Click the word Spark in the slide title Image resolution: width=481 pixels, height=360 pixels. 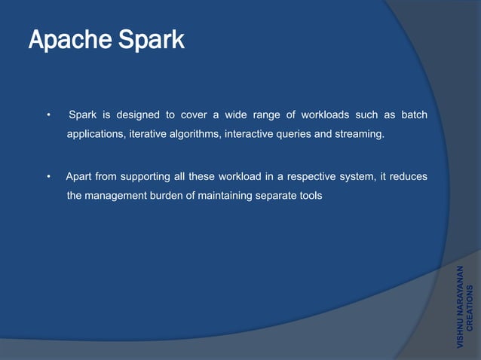pyautogui.click(x=149, y=40)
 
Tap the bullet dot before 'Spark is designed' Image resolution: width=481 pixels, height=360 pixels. pyautogui.click(x=48, y=115)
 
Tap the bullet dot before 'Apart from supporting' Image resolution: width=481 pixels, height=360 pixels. pyautogui.click(x=48, y=177)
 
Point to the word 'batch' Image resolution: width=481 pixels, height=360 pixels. pyautogui.click(x=412, y=115)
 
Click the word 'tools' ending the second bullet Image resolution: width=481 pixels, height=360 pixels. pyautogui.click(x=309, y=196)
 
